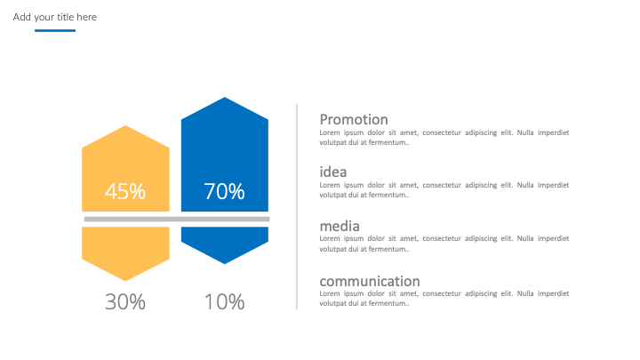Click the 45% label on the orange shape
(125, 191)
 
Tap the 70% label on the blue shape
(225, 191)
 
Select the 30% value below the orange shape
(125, 302)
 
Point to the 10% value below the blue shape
(225, 302)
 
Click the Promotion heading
(354, 120)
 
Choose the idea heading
(333, 172)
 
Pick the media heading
(340, 226)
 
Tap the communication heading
(370, 281)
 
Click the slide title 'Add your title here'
(55, 17)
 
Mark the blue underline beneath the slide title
(55, 30)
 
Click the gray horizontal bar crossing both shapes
(177, 220)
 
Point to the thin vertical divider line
(297, 207)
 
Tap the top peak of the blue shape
(225, 97)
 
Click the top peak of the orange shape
(125, 125)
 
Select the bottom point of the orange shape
(125, 281)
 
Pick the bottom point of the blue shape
(225, 264)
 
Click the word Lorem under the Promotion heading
(330, 132)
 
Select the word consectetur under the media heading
(442, 238)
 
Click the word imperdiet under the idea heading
(553, 185)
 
